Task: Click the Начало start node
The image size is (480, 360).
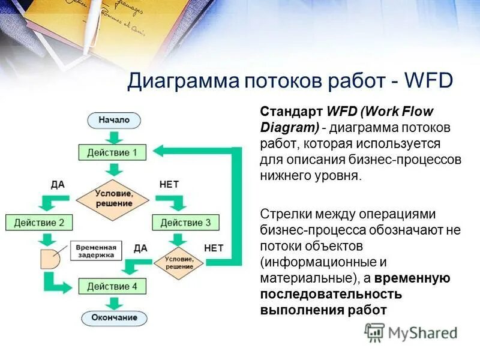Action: [x=114, y=120]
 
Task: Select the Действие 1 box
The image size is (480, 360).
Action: [x=112, y=152]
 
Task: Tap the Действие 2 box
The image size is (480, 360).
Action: [x=39, y=223]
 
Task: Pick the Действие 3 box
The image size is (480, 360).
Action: [x=185, y=223]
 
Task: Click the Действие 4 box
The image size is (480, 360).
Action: [x=112, y=286]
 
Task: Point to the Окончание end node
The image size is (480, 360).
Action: [x=114, y=317]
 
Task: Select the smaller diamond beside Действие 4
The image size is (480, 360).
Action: [x=179, y=262]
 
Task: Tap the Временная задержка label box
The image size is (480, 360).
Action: [x=95, y=250]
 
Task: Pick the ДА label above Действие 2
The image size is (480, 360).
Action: [x=58, y=185]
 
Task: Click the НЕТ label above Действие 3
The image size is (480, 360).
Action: [x=169, y=185]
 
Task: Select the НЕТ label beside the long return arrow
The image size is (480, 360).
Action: [x=214, y=248]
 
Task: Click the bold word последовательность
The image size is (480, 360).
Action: [x=331, y=295]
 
